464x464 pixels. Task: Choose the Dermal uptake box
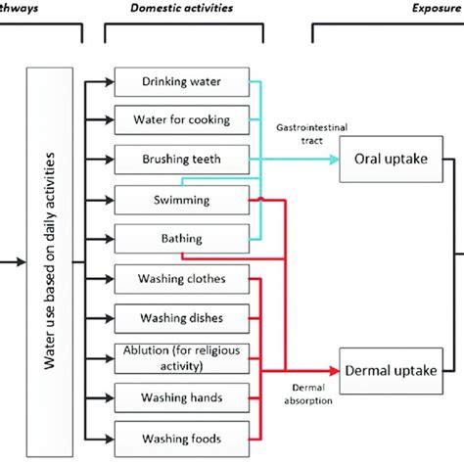click(x=393, y=370)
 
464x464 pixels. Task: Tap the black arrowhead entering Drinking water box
click(x=109, y=81)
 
